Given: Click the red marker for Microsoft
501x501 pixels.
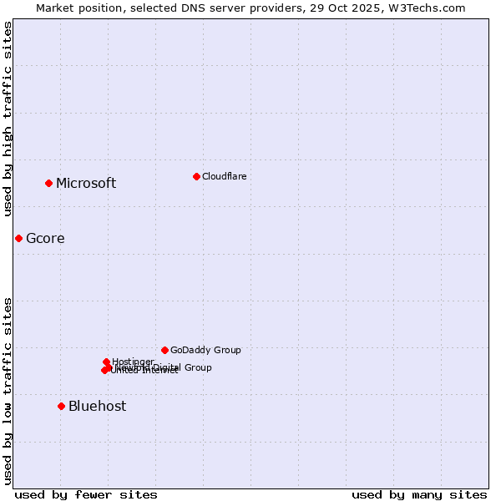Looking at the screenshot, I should click(48, 183).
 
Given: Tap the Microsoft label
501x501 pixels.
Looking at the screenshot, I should click(86, 184).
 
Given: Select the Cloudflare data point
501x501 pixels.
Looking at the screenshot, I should click(196, 176).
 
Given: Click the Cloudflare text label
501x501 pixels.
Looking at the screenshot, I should click(224, 176).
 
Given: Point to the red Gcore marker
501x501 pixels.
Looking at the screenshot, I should click(18, 238).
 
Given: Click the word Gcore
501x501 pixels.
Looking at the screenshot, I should click(45, 239).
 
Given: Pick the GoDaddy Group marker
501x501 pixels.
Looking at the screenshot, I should click(164, 350).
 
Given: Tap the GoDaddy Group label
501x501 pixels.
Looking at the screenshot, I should click(205, 350).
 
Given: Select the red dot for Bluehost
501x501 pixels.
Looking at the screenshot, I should click(61, 406).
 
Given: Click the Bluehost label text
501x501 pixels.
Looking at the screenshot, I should click(98, 407).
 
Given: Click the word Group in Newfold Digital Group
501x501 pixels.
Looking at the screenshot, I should click(199, 367).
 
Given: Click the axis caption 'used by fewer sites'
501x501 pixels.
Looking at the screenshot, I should click(86, 494).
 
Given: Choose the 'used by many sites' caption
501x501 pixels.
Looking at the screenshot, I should click(419, 494).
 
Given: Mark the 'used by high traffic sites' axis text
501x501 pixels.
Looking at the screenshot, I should click(8, 119).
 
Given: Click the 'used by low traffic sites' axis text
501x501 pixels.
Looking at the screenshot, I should click(8, 391).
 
